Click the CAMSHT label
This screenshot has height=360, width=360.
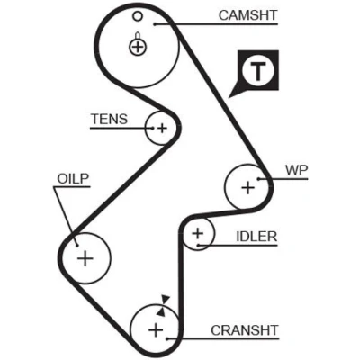tap(247, 15)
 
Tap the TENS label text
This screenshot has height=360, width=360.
tap(110, 119)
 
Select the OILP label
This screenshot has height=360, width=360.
tap(74, 179)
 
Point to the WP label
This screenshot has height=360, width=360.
tap(297, 170)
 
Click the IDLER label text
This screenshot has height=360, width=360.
tap(256, 237)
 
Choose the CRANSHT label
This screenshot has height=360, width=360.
tap(245, 330)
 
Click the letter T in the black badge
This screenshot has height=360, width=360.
tap(258, 72)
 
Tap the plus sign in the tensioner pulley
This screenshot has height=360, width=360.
tap(162, 129)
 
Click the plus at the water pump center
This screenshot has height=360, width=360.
tap(248, 188)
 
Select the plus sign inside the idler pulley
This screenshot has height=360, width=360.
tap(198, 233)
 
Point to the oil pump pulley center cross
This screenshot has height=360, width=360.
tap(85, 258)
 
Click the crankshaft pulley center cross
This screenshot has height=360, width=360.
tap(156, 330)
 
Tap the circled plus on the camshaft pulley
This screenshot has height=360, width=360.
tap(138, 47)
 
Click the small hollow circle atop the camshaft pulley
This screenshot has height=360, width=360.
tap(138, 16)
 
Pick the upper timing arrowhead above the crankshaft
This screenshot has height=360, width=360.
tap(166, 300)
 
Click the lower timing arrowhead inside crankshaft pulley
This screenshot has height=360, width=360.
tap(161, 312)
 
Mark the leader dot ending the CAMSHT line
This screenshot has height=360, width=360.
tap(155, 24)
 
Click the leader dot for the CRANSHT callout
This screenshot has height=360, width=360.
tap(167, 339)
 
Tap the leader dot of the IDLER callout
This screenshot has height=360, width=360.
tap(198, 246)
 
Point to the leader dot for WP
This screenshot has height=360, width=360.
tap(258, 179)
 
